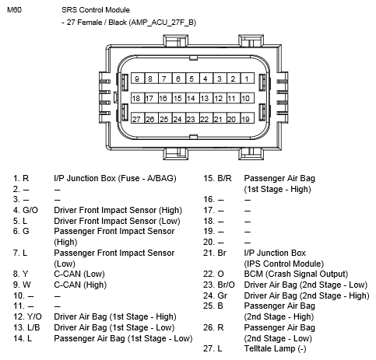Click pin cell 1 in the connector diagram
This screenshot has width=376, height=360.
coord(248,79)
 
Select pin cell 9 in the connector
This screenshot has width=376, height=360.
coord(138,79)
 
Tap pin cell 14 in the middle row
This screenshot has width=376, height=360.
coord(192,98)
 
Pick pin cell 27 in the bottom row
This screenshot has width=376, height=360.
coord(138,118)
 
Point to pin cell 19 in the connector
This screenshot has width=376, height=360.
coord(248,118)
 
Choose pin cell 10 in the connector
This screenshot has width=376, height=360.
coord(248,98)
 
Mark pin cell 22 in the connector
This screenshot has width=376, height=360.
coord(206,118)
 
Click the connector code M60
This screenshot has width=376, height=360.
coord(15,10)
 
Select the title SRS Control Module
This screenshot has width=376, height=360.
coord(96,10)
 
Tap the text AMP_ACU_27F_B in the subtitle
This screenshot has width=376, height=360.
coord(163,23)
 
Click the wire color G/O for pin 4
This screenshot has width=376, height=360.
coord(30,210)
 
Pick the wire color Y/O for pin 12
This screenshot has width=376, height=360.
coord(34,316)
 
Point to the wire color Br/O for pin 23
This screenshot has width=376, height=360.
coord(226,285)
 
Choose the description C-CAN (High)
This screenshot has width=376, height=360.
coord(80,285)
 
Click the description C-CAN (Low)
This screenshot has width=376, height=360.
coord(79,274)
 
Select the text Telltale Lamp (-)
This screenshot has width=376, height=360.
coord(275,348)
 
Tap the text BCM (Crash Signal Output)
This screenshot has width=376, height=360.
coord(296,274)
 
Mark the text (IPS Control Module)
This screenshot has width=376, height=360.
coord(284,264)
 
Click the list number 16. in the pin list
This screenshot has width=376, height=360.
coord(209,199)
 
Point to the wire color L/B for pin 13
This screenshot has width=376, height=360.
coord(33,327)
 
